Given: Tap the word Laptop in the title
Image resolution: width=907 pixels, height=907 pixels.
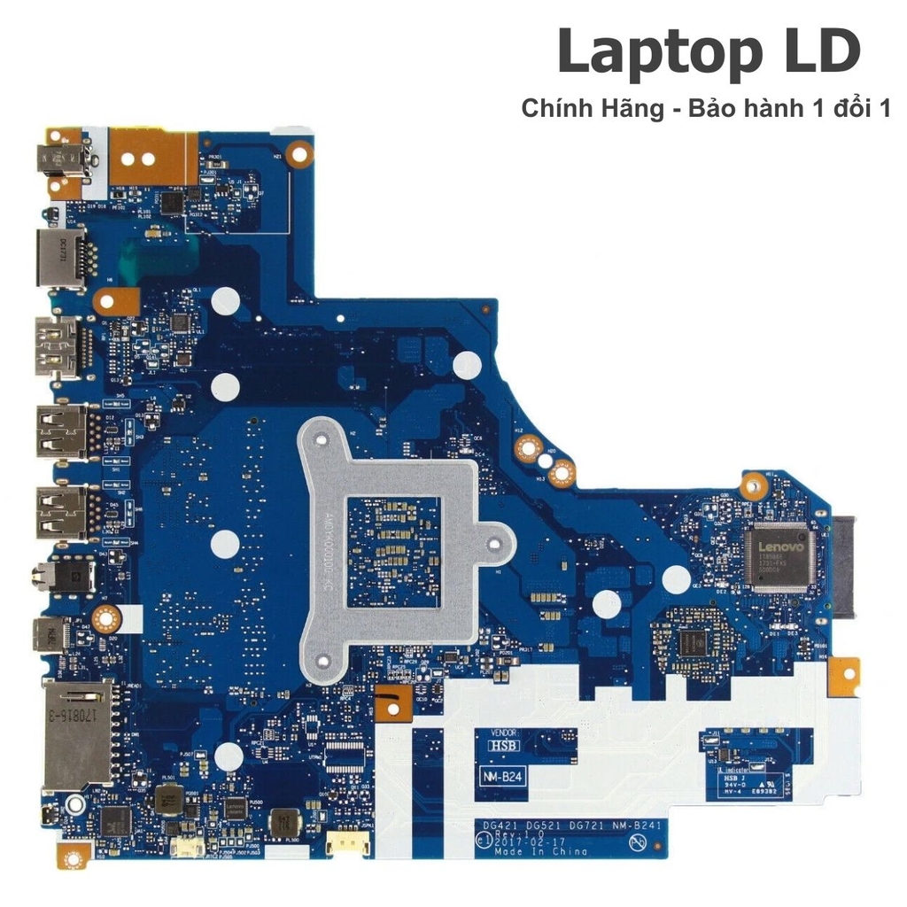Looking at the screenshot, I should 649,52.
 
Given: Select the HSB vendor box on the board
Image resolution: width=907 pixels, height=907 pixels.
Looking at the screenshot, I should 503,747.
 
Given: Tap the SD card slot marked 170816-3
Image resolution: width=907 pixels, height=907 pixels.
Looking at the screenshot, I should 76,734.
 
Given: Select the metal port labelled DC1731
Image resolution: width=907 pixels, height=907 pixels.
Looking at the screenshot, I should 60,258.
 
